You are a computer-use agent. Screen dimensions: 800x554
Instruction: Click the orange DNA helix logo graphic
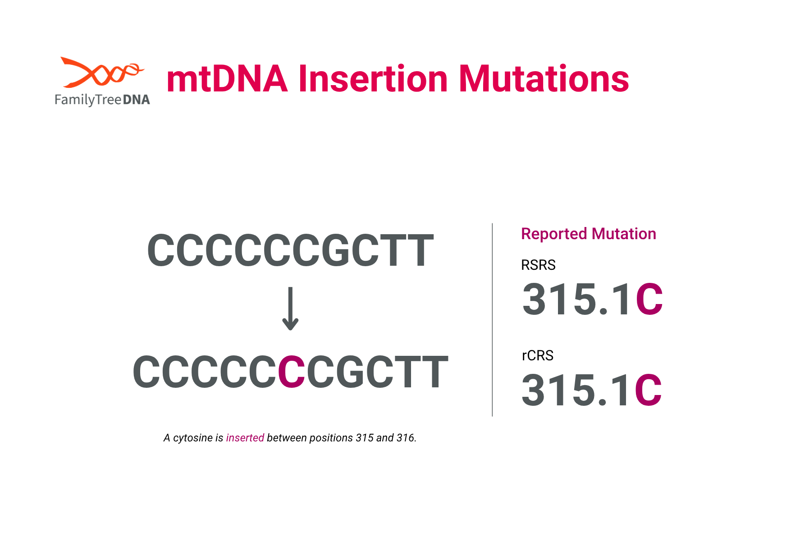point(102,72)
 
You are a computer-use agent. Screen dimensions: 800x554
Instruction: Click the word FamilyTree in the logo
point(88,100)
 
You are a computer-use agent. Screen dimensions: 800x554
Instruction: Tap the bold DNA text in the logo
point(136,100)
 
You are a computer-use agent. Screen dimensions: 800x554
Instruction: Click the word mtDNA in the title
point(227,79)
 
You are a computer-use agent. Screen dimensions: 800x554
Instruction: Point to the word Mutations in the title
point(544,79)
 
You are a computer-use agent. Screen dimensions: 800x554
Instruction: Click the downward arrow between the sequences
point(291,309)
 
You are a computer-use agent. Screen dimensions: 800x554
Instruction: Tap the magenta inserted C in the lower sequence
point(292,372)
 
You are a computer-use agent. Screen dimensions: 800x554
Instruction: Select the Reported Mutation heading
point(588,234)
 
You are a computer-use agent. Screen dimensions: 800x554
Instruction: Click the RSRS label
point(538,265)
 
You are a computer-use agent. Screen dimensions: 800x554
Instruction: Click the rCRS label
point(537,355)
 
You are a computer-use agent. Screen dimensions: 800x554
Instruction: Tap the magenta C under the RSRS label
point(649,299)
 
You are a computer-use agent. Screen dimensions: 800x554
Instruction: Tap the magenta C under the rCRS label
point(648,390)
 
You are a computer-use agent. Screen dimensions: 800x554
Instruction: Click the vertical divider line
point(492,320)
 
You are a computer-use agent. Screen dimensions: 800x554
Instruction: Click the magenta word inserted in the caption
point(245,438)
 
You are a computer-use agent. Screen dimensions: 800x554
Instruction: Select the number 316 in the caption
point(405,438)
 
